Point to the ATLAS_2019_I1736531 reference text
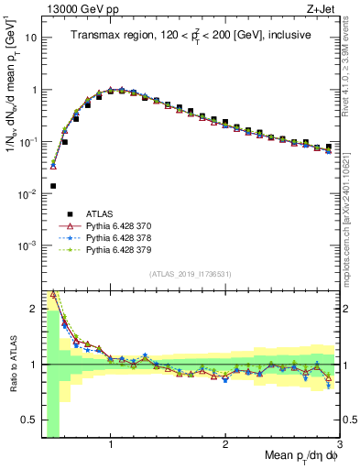[x=190, y=275]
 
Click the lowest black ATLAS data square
[x=53, y=186]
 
